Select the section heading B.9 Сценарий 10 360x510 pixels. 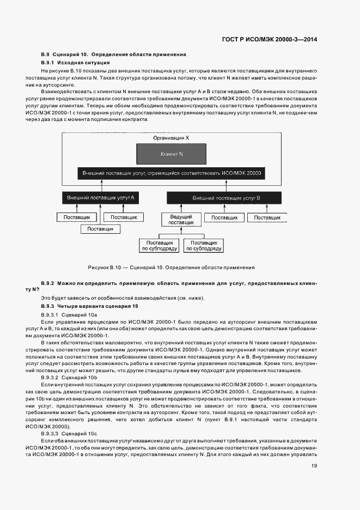tap(114, 54)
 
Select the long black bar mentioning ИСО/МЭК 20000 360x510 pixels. tap(172, 173)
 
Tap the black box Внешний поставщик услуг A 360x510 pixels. tap(100, 197)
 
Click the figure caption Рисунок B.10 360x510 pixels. tap(171, 268)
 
